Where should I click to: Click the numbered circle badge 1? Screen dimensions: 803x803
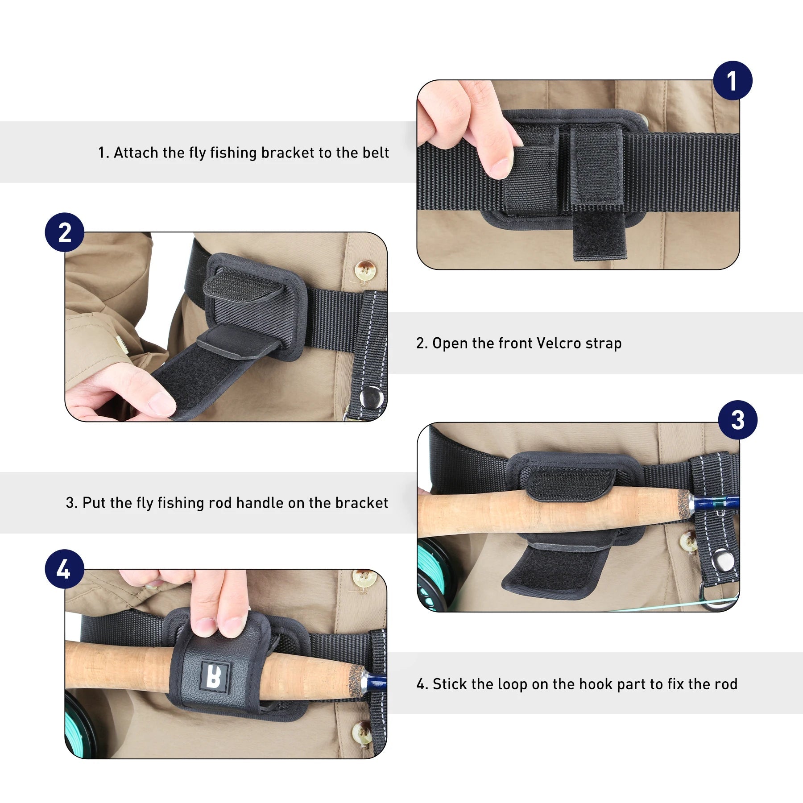coord(732,81)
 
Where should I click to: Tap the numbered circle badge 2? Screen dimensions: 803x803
coord(65,232)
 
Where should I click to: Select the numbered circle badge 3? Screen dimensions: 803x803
coord(737,420)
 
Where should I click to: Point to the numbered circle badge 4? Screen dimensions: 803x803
coord(64,569)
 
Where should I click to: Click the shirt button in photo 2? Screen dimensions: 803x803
coord(365,270)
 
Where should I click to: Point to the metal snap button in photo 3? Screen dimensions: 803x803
coord(721,560)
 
